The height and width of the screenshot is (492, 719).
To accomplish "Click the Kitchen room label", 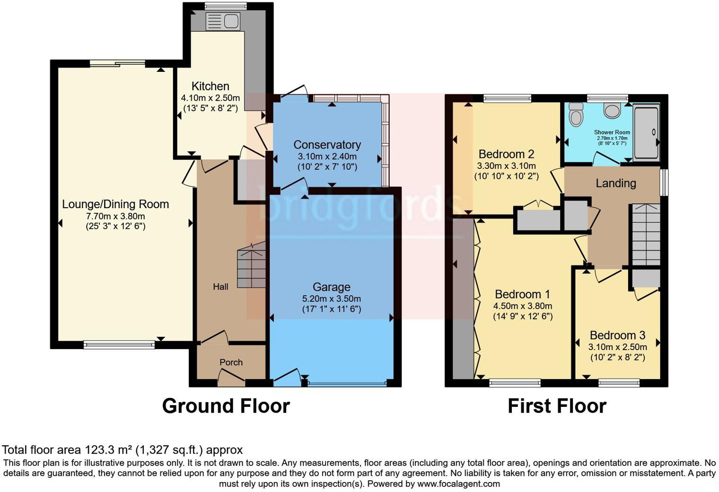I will (210, 86).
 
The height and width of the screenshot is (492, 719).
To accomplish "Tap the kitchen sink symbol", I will (223, 21).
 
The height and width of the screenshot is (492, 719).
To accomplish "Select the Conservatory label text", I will (327, 145).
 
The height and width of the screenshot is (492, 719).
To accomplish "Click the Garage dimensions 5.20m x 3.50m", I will (331, 299).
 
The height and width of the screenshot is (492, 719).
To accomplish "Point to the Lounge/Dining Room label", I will (115, 204).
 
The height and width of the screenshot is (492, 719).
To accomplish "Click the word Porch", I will (231, 362).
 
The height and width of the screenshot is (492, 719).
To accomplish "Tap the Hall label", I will (220, 287).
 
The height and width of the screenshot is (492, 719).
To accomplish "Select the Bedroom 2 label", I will (506, 154).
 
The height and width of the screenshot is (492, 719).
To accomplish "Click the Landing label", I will (615, 183).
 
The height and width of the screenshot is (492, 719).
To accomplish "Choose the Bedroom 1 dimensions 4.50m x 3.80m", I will (523, 306).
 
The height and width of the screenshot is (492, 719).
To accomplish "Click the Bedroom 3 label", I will (617, 335).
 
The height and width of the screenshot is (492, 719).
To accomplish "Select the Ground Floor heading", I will (226, 406).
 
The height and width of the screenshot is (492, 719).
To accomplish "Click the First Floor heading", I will (557, 406).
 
